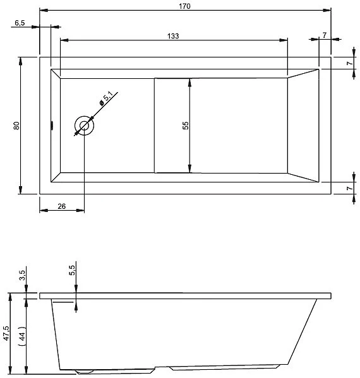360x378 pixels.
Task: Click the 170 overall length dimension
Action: pyautogui.click(x=185, y=6)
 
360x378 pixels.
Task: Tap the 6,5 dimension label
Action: pyautogui.click(x=19, y=23)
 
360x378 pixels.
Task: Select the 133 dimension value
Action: pyautogui.click(x=173, y=36)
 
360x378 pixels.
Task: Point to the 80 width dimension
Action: pyautogui.click(x=16, y=126)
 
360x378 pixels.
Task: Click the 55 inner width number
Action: pyautogui.click(x=185, y=125)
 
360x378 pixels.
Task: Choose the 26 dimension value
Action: pyautogui.click(x=61, y=206)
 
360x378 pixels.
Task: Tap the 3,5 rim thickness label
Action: pyautogui.click(x=23, y=275)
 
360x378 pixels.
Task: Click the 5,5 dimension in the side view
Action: pyautogui.click(x=72, y=269)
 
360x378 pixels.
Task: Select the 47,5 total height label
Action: pyautogui.click(x=6, y=333)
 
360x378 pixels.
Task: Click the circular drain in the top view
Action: pyautogui.click(x=84, y=126)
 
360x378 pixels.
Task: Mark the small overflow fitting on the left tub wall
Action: pyautogui.click(x=52, y=125)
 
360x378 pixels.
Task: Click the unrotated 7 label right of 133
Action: pyautogui.click(x=324, y=35)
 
